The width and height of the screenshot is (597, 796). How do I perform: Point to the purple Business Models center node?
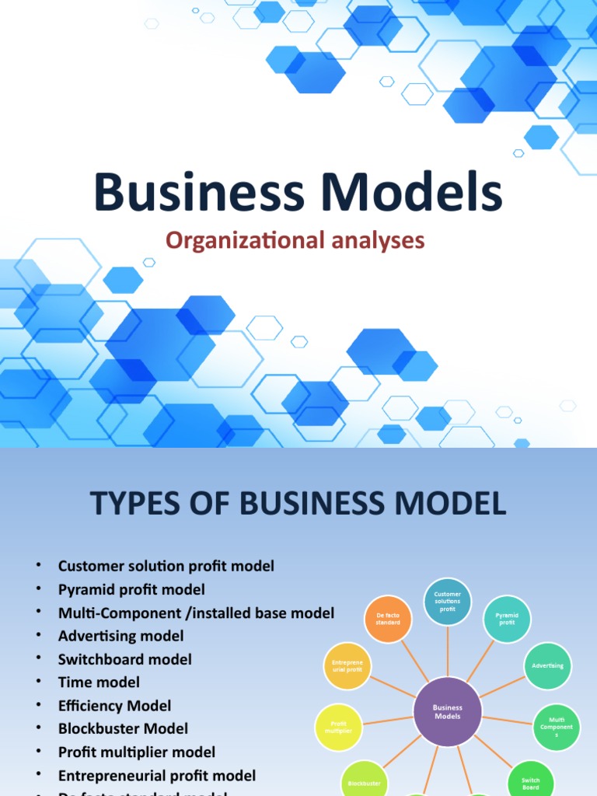coord(447,712)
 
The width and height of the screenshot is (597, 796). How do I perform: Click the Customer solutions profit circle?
coord(447,601)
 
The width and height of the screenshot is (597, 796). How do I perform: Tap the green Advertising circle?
coord(548,666)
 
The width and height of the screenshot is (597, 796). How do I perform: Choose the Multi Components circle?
coord(557,728)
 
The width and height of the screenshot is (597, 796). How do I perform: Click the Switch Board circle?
coord(531,781)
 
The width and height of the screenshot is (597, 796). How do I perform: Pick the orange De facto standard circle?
coord(388,619)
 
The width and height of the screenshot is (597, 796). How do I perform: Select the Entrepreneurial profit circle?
coord(346,666)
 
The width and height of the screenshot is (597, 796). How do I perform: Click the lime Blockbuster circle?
coord(363,781)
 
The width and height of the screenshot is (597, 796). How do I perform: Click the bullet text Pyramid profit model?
coord(131,589)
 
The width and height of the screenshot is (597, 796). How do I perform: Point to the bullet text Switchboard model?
coord(124,659)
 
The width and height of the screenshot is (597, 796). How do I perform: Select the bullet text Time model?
coord(99,683)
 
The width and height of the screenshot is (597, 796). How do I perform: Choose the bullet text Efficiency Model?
coord(114,706)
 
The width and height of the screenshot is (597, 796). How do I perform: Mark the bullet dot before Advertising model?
coord(37,637)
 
